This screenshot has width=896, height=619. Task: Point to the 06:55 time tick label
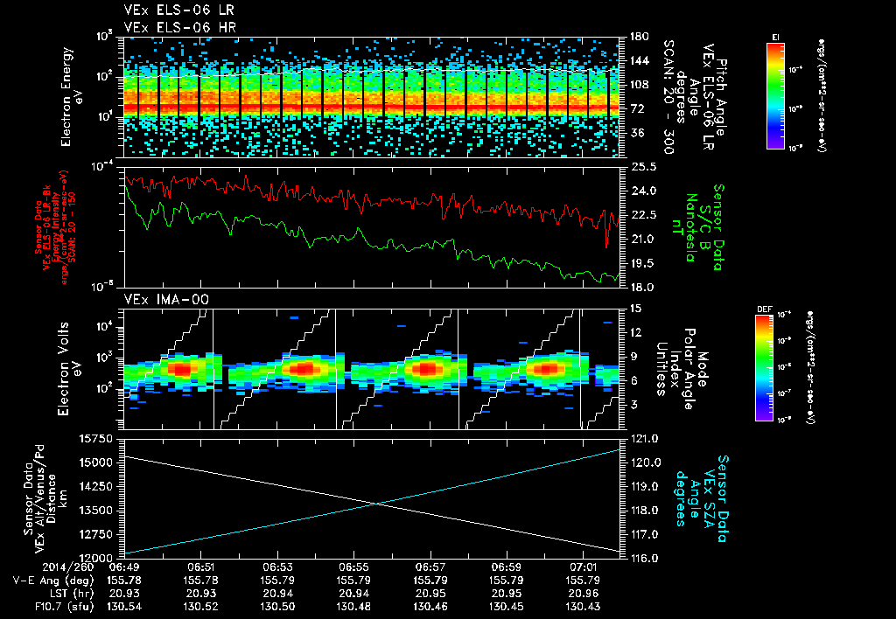tap(353, 567)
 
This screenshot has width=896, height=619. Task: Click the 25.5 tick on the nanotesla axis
tap(642, 166)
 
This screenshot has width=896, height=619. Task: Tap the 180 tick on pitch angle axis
tap(636, 37)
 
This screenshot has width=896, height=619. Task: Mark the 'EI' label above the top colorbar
tap(775, 36)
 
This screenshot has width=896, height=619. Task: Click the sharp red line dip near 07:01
tap(607, 246)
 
